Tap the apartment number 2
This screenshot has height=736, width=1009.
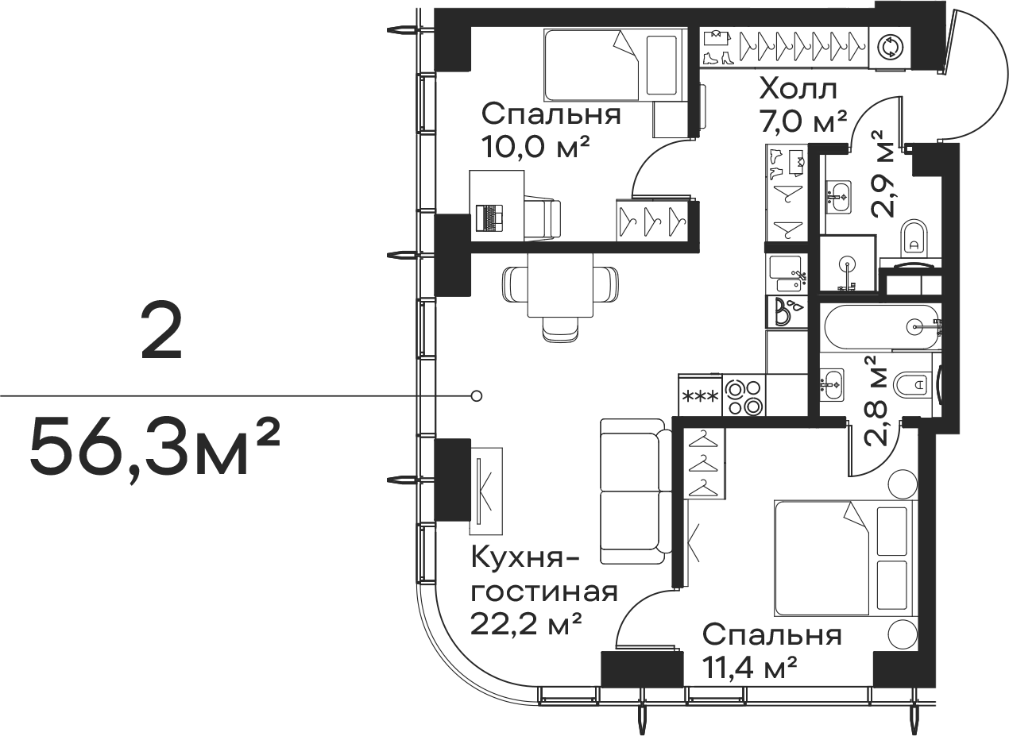[x=161, y=332]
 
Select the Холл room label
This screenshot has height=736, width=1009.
[x=798, y=90]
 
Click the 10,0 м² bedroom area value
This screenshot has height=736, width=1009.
[x=535, y=146]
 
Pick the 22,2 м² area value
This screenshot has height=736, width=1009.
[x=526, y=624]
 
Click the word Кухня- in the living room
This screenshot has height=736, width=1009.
[x=525, y=558]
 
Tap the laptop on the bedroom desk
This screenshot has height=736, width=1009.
[x=489, y=218]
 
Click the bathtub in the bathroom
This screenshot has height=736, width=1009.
[x=882, y=327]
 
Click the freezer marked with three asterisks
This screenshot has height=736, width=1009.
[x=701, y=397]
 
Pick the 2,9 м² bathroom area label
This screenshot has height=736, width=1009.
[x=882, y=175]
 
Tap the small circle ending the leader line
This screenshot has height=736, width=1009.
[x=477, y=396]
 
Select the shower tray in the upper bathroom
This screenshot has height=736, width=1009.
[x=848, y=264]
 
